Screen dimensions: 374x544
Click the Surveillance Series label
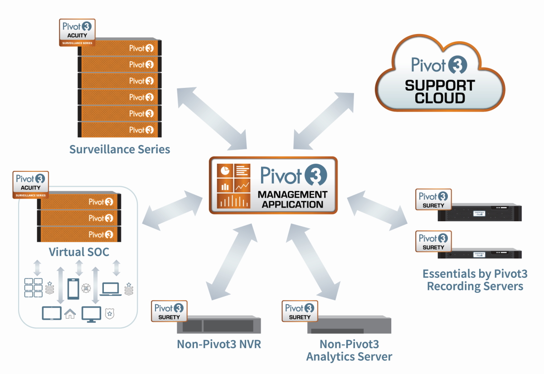pos(120,149)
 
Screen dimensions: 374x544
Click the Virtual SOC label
pos(79,252)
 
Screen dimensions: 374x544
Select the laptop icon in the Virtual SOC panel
pos(111,289)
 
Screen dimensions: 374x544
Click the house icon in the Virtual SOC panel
pos(70,313)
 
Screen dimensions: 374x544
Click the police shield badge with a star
pos(109,313)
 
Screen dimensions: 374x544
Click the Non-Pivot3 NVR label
pos(219,344)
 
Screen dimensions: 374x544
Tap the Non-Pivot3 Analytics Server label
pos(349,350)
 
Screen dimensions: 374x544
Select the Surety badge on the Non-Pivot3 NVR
pos(170,311)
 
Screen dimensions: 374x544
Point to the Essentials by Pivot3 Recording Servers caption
pos(475,280)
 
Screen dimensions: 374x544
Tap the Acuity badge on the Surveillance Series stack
pos(77,32)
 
